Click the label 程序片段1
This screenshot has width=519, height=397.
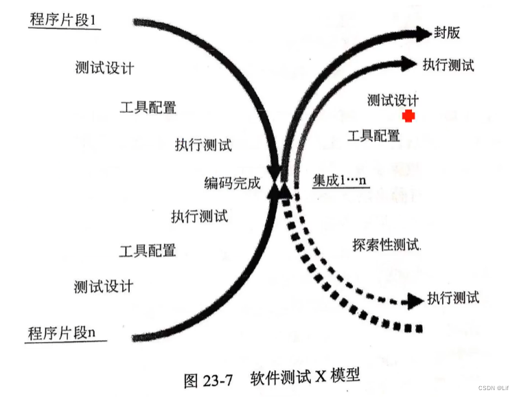[x=65, y=20]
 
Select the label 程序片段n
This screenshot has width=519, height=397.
[x=62, y=334]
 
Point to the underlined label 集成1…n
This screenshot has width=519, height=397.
[x=341, y=181]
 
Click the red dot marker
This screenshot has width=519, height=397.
[x=409, y=116]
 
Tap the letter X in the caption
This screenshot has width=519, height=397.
[x=321, y=376]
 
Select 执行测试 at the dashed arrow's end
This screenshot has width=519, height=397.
[x=453, y=297]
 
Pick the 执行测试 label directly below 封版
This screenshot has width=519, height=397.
[x=448, y=65]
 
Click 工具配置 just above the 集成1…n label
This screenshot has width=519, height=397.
[x=374, y=136]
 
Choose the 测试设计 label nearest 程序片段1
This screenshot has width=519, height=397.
[x=104, y=69]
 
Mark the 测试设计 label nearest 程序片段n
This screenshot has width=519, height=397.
[x=103, y=286]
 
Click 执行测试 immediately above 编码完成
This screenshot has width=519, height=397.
[x=203, y=145]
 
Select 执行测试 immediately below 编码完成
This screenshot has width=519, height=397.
[x=199, y=216]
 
